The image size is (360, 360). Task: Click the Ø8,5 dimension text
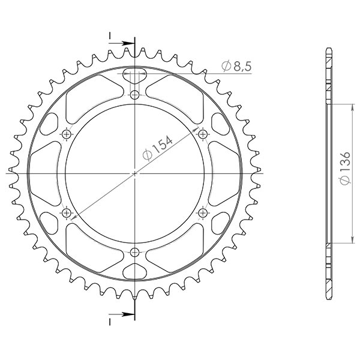(x=235, y=67)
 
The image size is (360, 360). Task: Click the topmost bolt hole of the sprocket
(x=134, y=95)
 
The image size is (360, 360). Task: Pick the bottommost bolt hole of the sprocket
(x=134, y=251)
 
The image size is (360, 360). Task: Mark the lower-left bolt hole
(x=67, y=212)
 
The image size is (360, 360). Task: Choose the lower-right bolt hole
(x=202, y=212)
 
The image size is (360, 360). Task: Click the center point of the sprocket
(x=134, y=173)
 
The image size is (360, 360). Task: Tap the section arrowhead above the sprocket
(x=128, y=43)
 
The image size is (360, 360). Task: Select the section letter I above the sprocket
(x=110, y=36)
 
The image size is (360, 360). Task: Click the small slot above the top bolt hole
(x=134, y=74)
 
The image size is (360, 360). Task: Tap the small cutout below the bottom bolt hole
(x=134, y=271)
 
